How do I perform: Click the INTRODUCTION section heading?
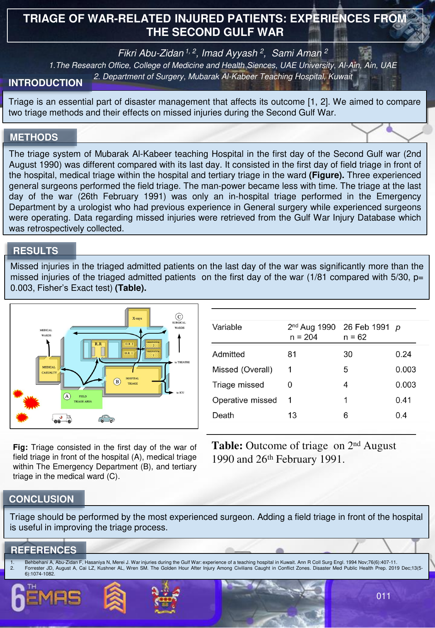[x=46, y=83]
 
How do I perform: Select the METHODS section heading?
[x=34, y=137]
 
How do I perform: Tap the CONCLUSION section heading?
[x=41, y=499]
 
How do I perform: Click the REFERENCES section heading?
[x=44, y=550]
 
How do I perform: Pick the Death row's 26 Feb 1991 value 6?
[x=346, y=416]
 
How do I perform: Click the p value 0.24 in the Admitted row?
[x=403, y=355]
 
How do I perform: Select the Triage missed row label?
[x=238, y=385]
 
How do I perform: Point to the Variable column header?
[x=227, y=327]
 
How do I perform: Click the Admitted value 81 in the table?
[x=292, y=355]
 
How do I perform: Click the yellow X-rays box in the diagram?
[x=137, y=318]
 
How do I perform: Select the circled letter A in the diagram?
[x=67, y=396]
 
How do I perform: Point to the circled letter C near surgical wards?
[x=179, y=317]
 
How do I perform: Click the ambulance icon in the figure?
[x=62, y=418]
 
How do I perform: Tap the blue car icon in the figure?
[x=106, y=419]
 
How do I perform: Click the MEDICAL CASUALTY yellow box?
[x=49, y=370]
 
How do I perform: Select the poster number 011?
[x=384, y=596]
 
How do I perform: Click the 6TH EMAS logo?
[x=46, y=598]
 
